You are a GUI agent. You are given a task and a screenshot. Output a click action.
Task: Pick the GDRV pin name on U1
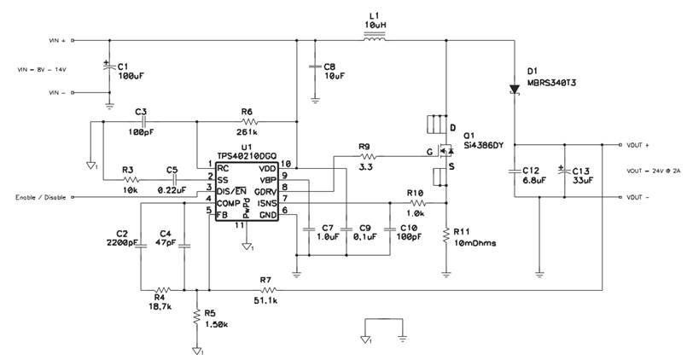[268, 188]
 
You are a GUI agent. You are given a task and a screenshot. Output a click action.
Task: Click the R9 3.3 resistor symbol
[368, 157]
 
